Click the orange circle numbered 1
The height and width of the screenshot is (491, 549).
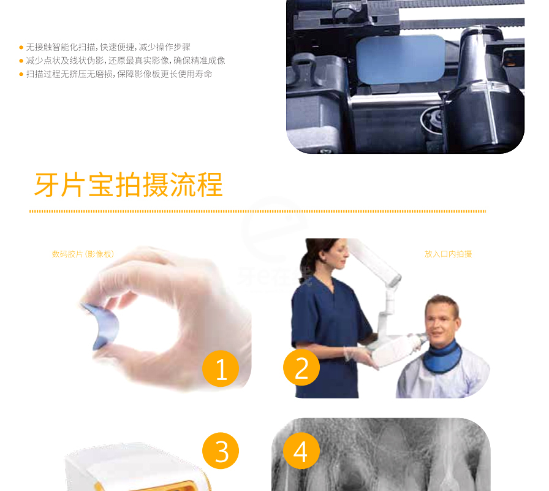(221, 368)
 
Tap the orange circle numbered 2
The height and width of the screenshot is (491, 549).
(301, 367)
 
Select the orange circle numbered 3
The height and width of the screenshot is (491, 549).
(221, 451)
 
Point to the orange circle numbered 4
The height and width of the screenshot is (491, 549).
(301, 451)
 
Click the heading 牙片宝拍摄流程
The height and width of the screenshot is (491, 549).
(129, 185)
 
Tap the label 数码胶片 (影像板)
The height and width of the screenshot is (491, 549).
(83, 254)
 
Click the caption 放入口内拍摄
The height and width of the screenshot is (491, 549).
(448, 254)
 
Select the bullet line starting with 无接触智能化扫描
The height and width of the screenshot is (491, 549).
(108, 47)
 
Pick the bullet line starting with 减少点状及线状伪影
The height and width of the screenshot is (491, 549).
(126, 61)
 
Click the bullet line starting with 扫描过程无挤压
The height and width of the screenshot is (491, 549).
(119, 74)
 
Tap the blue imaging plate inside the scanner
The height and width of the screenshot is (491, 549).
(401, 59)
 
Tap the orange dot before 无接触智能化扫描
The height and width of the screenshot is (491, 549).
(21, 47)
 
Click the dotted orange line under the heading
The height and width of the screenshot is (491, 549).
(258, 211)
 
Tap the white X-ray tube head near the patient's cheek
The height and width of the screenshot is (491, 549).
(396, 350)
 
